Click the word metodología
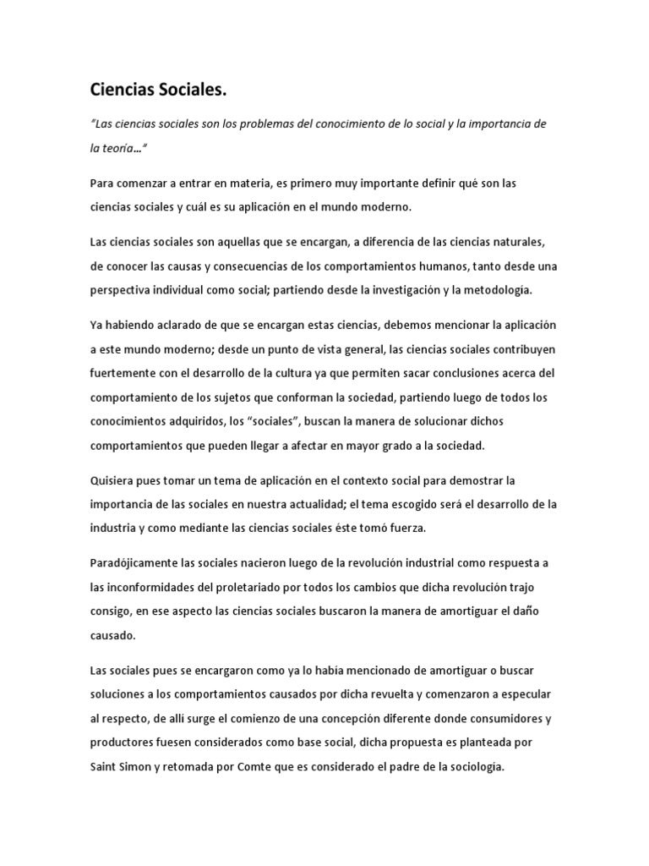497,289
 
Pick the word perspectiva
122,289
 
